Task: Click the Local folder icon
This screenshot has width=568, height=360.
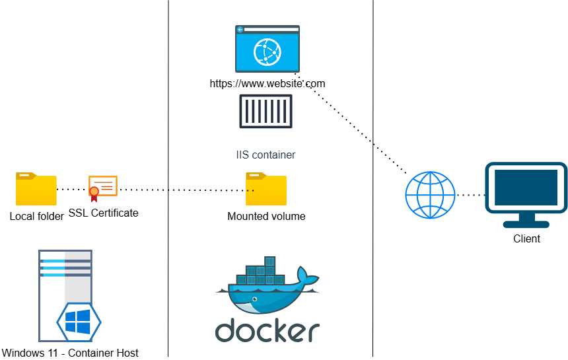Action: [x=36, y=190]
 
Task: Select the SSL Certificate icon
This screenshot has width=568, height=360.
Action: [x=103, y=188]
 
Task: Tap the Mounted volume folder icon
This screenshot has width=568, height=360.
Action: [x=266, y=190]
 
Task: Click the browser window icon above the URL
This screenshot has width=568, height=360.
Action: [x=267, y=48]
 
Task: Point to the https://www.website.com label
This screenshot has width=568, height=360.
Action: [x=267, y=84]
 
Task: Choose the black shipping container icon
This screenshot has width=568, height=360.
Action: [x=266, y=112]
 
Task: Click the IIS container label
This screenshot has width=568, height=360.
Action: [x=266, y=155]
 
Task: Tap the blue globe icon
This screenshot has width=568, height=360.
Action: [x=430, y=195]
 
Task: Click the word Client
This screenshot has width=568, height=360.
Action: [x=526, y=238]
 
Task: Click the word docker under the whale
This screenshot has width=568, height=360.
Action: [x=267, y=330]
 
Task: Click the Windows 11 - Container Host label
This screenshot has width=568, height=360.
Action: [x=70, y=353]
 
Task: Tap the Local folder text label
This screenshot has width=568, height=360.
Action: [x=36, y=216]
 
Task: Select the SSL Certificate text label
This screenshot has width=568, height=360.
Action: [x=103, y=213]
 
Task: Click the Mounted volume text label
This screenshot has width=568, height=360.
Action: [x=266, y=216]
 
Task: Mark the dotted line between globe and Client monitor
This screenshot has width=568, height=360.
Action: [x=470, y=195]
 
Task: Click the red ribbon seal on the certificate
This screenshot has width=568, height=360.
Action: [x=94, y=192]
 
